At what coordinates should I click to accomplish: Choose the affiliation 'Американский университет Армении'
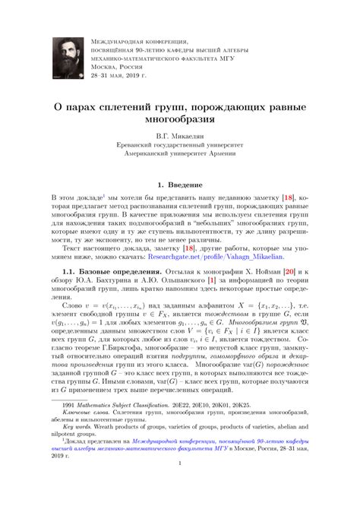pos(180,158)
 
